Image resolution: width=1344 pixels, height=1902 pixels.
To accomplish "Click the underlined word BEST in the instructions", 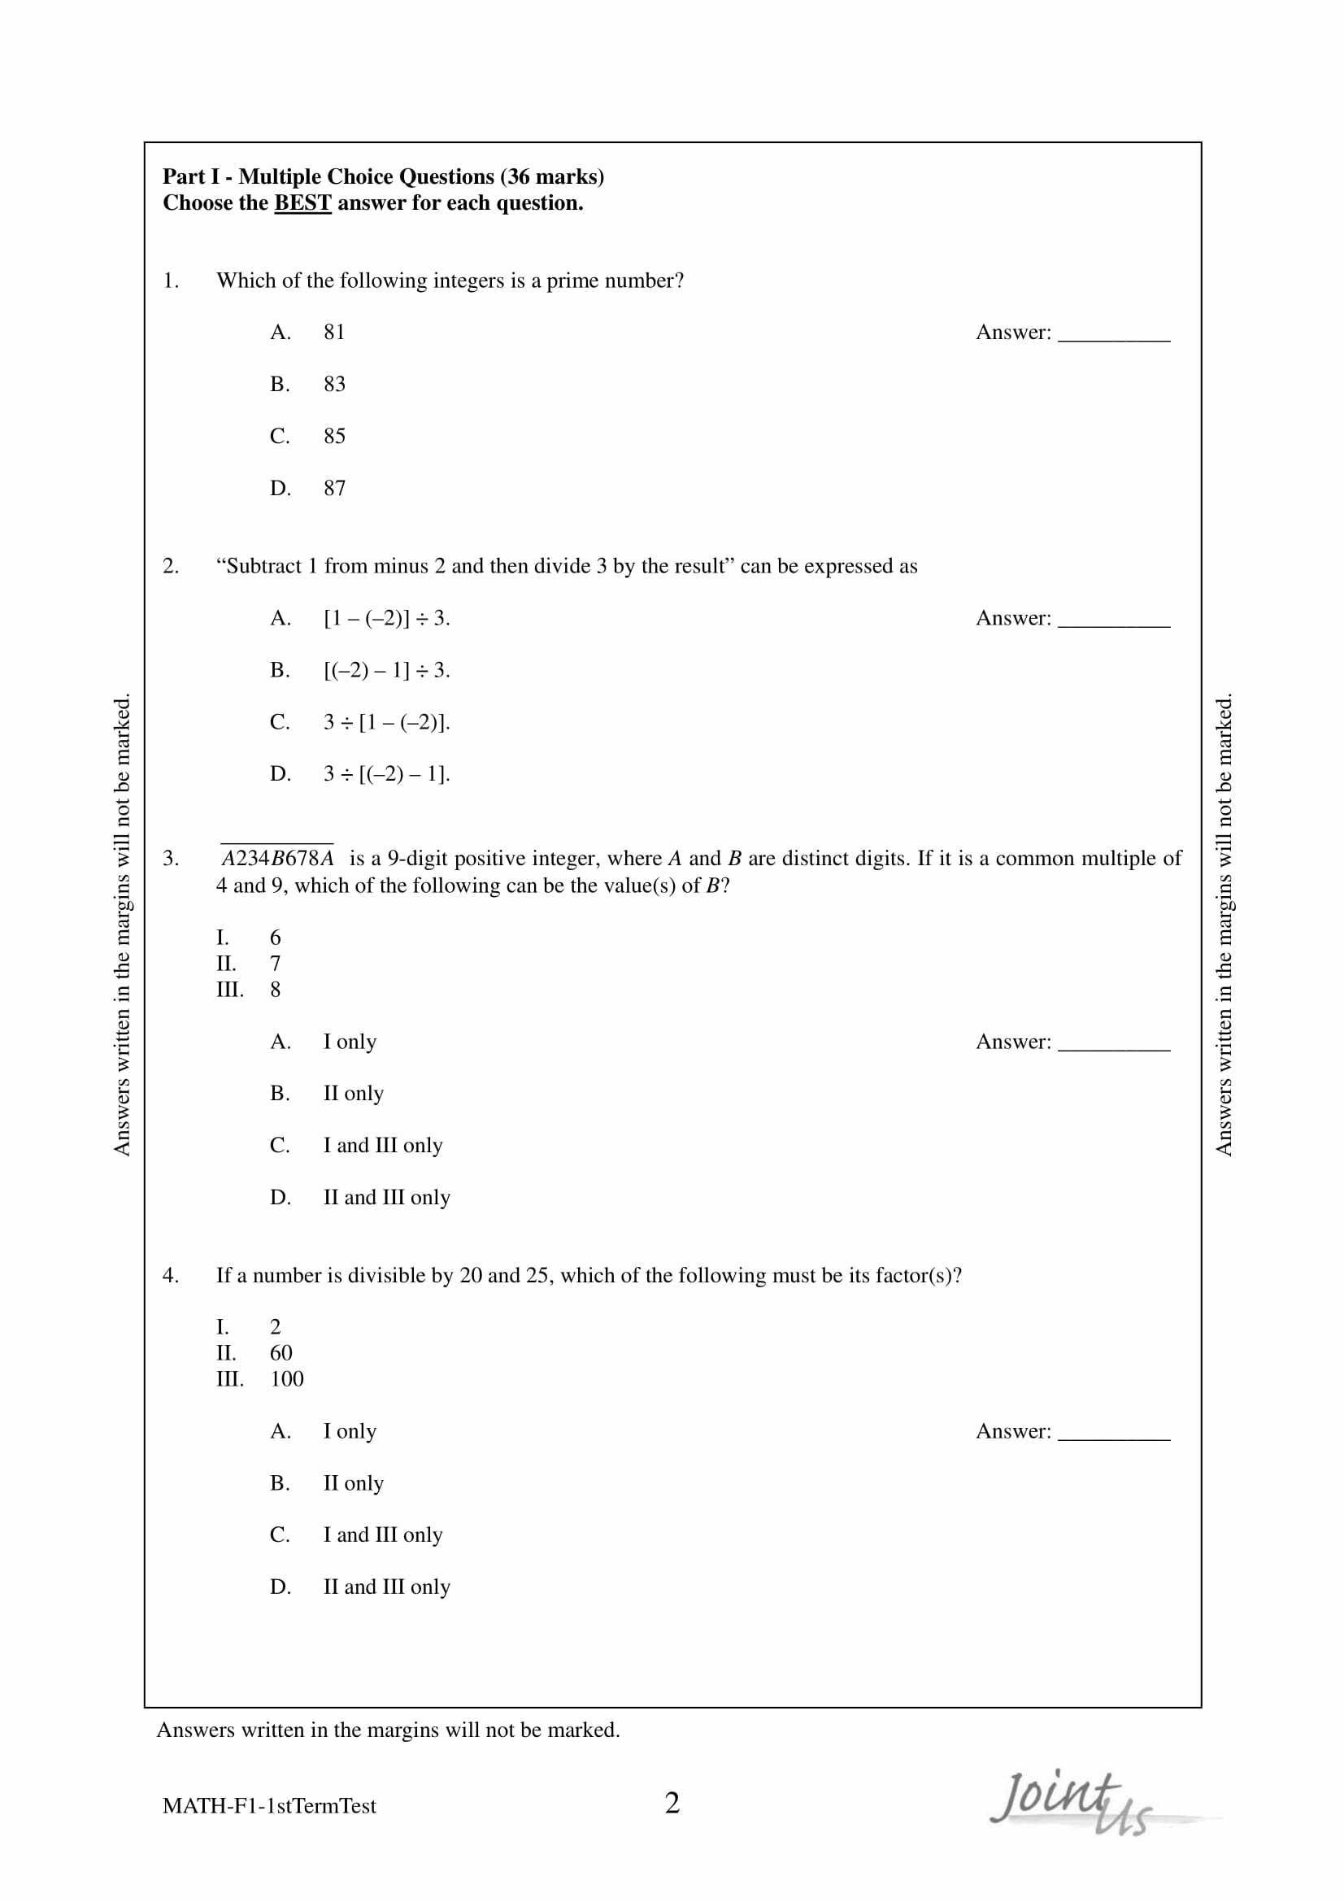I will pyautogui.click(x=302, y=203).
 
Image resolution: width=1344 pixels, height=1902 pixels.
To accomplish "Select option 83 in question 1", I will pyautogui.click(x=333, y=385).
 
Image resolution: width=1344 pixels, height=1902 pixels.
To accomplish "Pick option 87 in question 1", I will pyautogui.click(x=333, y=489).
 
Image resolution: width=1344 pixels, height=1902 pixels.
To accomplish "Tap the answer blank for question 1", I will pyautogui.click(x=1114, y=335).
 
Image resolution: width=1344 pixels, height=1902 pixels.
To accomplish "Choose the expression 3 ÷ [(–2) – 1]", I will pyautogui.click(x=386, y=775).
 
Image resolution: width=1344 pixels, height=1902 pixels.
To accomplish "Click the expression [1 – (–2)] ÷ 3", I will pyautogui.click(x=386, y=619).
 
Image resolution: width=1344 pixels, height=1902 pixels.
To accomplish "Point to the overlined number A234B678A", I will pyautogui.click(x=277, y=858).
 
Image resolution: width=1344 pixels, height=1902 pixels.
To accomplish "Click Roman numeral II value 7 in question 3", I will pyautogui.click(x=275, y=964).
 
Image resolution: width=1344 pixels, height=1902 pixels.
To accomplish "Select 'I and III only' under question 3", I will pyautogui.click(x=383, y=1146).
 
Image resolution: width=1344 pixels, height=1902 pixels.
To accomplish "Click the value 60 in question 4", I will pyautogui.click(x=281, y=1353).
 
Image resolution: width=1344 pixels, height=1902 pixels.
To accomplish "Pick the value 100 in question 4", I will pyautogui.click(x=286, y=1379).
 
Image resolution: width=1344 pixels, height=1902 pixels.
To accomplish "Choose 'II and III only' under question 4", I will pyautogui.click(x=386, y=1587).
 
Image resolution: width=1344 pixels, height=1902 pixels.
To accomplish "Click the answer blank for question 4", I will pyautogui.click(x=1114, y=1434).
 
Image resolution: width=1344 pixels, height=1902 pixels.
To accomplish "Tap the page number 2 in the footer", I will pyautogui.click(x=672, y=1804).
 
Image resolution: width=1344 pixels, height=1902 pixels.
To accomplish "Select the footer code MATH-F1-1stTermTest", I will pyautogui.click(x=269, y=1807).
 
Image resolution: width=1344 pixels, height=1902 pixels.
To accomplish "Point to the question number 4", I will pyautogui.click(x=170, y=1276).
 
